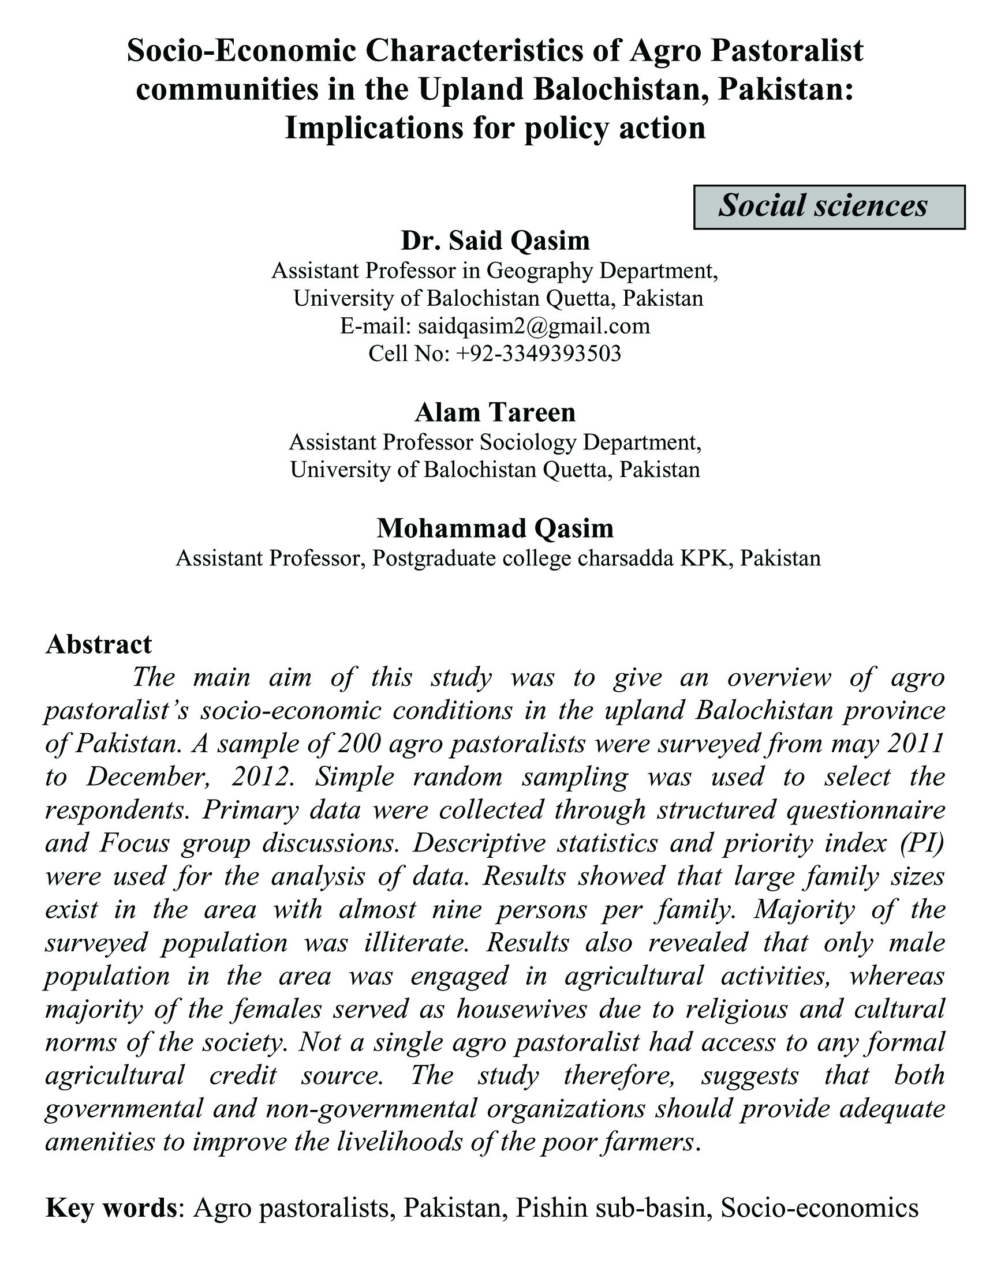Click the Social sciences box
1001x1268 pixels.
(829, 206)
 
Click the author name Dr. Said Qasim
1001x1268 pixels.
(495, 241)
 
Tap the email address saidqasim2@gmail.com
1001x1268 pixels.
(534, 325)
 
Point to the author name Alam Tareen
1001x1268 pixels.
(495, 412)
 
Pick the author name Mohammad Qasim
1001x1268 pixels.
(495, 528)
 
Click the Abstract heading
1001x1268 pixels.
(99, 644)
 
